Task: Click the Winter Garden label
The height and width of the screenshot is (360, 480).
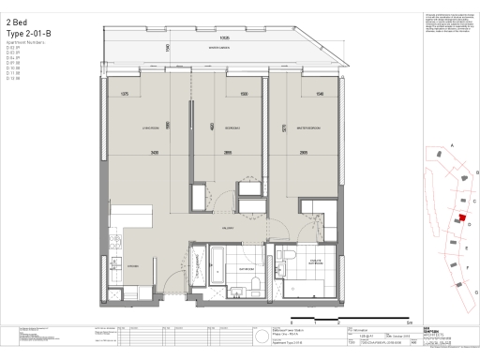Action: tap(220, 46)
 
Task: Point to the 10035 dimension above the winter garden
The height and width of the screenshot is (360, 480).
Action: tap(224, 26)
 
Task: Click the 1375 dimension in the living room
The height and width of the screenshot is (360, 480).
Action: tap(125, 94)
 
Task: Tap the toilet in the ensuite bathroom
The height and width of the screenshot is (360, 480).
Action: tap(292, 258)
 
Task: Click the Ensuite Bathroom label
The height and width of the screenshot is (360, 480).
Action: tap(312, 265)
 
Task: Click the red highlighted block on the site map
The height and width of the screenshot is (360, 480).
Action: tap(461, 217)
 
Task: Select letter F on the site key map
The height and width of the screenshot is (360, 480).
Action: tap(466, 266)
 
